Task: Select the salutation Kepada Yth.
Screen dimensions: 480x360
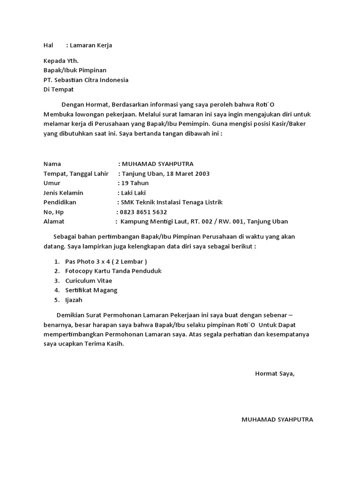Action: (x=61, y=61)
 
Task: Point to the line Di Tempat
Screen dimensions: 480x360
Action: (x=59, y=90)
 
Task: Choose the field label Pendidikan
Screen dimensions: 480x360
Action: (x=60, y=202)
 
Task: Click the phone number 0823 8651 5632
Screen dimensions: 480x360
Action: (x=143, y=212)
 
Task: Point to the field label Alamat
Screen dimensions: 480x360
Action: (x=54, y=222)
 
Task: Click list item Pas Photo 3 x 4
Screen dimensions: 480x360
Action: (x=106, y=262)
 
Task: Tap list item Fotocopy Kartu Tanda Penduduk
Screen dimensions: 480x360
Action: (x=113, y=271)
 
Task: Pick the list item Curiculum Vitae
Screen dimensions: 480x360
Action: (x=89, y=281)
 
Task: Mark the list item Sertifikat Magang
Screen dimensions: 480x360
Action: (x=91, y=291)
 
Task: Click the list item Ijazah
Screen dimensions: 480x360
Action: (x=74, y=300)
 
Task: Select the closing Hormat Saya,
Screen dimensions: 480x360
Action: (x=275, y=374)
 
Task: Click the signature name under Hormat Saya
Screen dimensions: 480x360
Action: (x=277, y=420)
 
